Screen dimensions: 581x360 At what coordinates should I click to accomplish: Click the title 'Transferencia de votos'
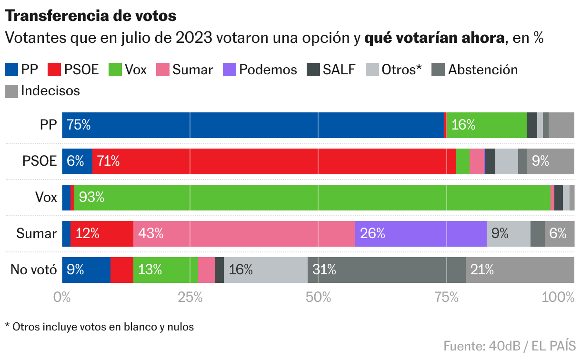tap(90, 16)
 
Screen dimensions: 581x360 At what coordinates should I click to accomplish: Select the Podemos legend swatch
tap(229, 70)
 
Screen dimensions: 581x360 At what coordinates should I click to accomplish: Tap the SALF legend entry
tap(331, 70)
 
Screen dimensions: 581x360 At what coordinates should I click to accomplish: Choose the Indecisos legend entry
tap(42, 91)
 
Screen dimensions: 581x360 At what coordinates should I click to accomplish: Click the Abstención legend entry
tap(474, 70)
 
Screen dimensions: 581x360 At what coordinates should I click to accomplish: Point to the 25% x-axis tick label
tap(190, 297)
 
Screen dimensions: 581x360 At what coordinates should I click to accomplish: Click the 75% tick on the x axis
tap(446, 297)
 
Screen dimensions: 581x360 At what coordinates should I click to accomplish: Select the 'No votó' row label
tap(33, 270)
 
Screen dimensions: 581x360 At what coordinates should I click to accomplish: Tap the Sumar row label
tap(36, 233)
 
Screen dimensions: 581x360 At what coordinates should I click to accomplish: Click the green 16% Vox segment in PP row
tap(487, 125)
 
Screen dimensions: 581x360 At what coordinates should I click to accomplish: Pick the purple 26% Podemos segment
tap(421, 234)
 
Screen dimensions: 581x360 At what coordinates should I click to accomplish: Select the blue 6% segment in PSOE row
tap(77, 161)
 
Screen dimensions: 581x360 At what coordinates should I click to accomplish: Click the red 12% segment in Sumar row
tap(102, 234)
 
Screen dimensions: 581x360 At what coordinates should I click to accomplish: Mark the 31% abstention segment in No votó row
tap(387, 270)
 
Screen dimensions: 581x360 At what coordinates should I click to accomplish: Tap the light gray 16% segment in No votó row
tap(266, 270)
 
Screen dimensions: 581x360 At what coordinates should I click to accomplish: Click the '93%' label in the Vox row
tap(91, 197)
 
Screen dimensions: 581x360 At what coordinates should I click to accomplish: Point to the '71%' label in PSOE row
tap(108, 161)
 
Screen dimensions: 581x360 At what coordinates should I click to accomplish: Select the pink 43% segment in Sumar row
tap(244, 234)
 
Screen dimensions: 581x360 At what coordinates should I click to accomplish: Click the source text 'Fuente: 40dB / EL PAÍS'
tap(510, 346)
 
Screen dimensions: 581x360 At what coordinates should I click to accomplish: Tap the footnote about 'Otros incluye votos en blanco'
tap(100, 327)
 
